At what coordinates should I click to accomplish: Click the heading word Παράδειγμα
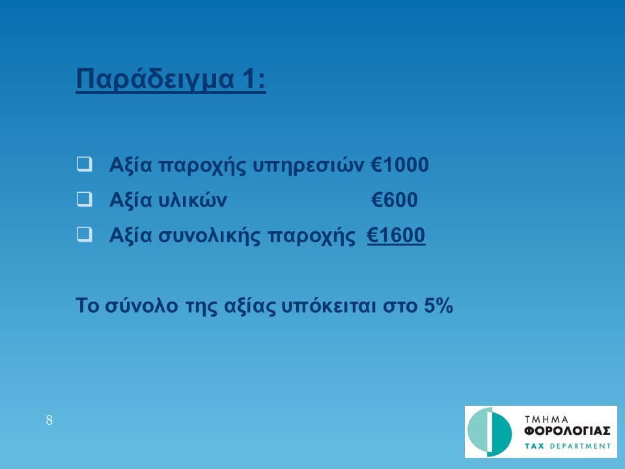(x=155, y=79)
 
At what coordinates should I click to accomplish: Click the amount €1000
(x=400, y=165)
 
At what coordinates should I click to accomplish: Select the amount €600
(x=395, y=200)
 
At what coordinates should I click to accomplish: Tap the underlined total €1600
(x=396, y=235)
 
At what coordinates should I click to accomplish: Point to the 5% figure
(x=438, y=306)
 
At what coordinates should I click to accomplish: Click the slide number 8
(x=49, y=420)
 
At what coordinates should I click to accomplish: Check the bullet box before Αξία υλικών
(x=85, y=199)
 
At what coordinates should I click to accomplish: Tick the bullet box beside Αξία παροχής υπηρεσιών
(x=85, y=164)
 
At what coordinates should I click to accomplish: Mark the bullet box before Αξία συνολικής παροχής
(x=85, y=235)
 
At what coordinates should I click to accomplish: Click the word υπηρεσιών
(x=309, y=165)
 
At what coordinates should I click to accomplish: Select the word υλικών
(x=193, y=200)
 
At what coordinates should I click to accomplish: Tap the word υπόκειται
(x=329, y=306)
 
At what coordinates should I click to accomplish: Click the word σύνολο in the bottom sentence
(x=141, y=306)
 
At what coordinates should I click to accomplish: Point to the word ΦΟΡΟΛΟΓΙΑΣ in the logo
(x=567, y=431)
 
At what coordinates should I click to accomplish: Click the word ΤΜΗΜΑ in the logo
(x=546, y=419)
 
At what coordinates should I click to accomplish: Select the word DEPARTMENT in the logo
(x=580, y=446)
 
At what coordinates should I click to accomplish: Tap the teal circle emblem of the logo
(x=490, y=432)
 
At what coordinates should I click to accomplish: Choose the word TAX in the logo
(x=535, y=446)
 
